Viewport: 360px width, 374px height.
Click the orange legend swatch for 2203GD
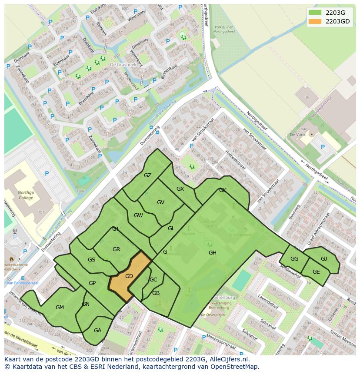[315, 21]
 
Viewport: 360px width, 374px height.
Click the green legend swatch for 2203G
[315, 13]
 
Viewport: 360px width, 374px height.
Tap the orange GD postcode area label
[129, 276]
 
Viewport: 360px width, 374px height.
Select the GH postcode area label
[212, 253]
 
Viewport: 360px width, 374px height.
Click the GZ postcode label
[147, 175]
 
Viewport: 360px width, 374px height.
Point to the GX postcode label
[180, 189]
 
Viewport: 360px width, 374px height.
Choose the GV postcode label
[160, 202]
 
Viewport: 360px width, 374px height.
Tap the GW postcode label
[138, 215]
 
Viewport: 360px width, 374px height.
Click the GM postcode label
[60, 308]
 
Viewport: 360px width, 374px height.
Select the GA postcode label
[97, 331]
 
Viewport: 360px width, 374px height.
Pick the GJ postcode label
[324, 259]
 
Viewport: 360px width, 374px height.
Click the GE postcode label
[316, 272]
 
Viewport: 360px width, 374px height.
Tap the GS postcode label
[91, 260]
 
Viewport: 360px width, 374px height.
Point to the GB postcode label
[156, 293]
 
